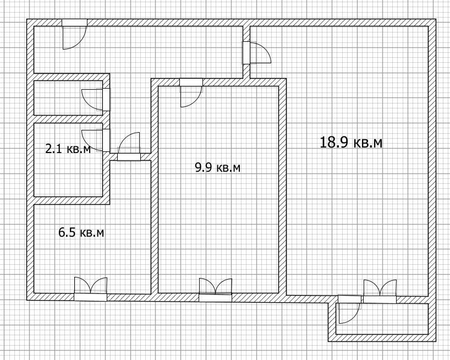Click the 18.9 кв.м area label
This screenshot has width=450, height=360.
pyautogui.click(x=351, y=143)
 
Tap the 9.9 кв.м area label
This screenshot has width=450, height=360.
pyautogui.click(x=217, y=167)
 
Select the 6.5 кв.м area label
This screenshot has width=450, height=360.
pyautogui.click(x=81, y=232)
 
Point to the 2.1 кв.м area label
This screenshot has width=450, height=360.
pyautogui.click(x=68, y=149)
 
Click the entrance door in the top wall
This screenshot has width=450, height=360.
pyautogui.click(x=74, y=34)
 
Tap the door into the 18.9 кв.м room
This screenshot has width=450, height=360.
pyautogui.click(x=256, y=52)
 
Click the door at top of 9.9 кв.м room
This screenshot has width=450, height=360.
pyautogui.click(x=191, y=92)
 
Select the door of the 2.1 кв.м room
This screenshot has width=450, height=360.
pyautogui.click(x=96, y=140)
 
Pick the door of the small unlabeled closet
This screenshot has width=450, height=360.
pyautogui.click(x=96, y=99)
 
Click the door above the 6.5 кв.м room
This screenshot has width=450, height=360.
pyautogui.click(x=129, y=146)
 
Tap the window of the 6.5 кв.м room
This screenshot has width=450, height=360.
pyautogui.click(x=90, y=289)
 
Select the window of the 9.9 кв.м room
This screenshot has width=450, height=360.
pyautogui.click(x=215, y=290)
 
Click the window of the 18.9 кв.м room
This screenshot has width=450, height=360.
pyautogui.click(x=380, y=291)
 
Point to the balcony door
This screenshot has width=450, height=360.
pyautogui.click(x=349, y=309)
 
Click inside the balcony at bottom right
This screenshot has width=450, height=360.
pyautogui.click(x=382, y=319)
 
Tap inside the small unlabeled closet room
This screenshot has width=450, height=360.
pyautogui.click(x=68, y=98)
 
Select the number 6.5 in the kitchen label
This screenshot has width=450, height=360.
pyautogui.click(x=67, y=232)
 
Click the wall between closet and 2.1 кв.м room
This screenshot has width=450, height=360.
pyautogui.click(x=68, y=119)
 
